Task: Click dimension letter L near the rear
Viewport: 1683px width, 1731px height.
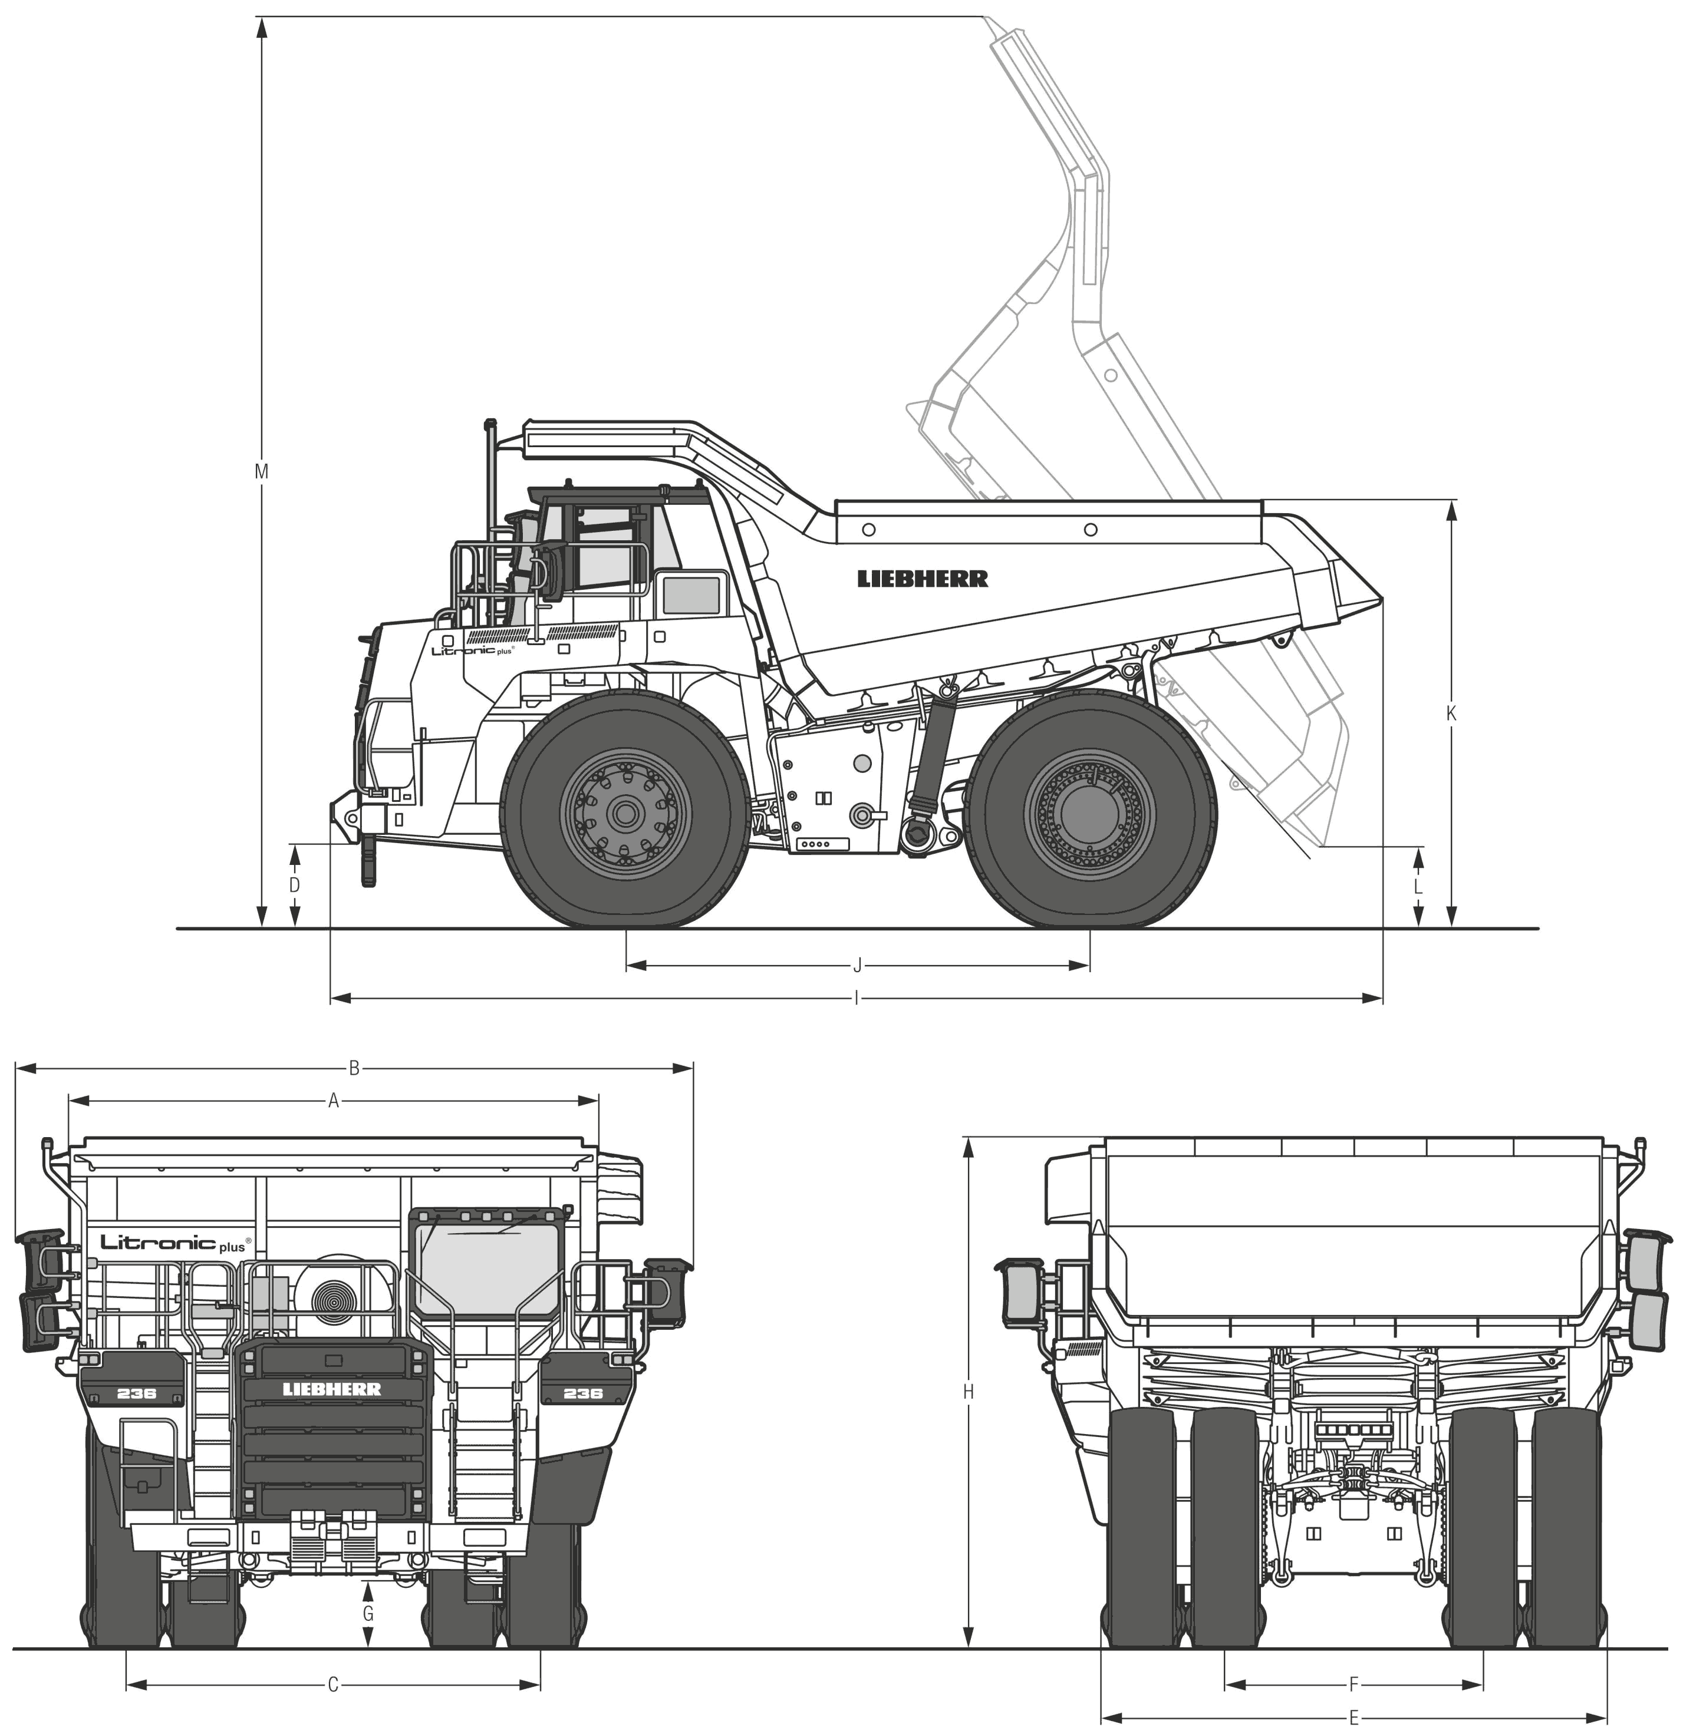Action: [x=1418, y=886]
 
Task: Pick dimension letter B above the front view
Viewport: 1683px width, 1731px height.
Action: [x=354, y=1068]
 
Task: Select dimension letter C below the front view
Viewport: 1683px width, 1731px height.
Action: [x=333, y=1660]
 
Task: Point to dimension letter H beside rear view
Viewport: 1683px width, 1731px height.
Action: [x=968, y=1392]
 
